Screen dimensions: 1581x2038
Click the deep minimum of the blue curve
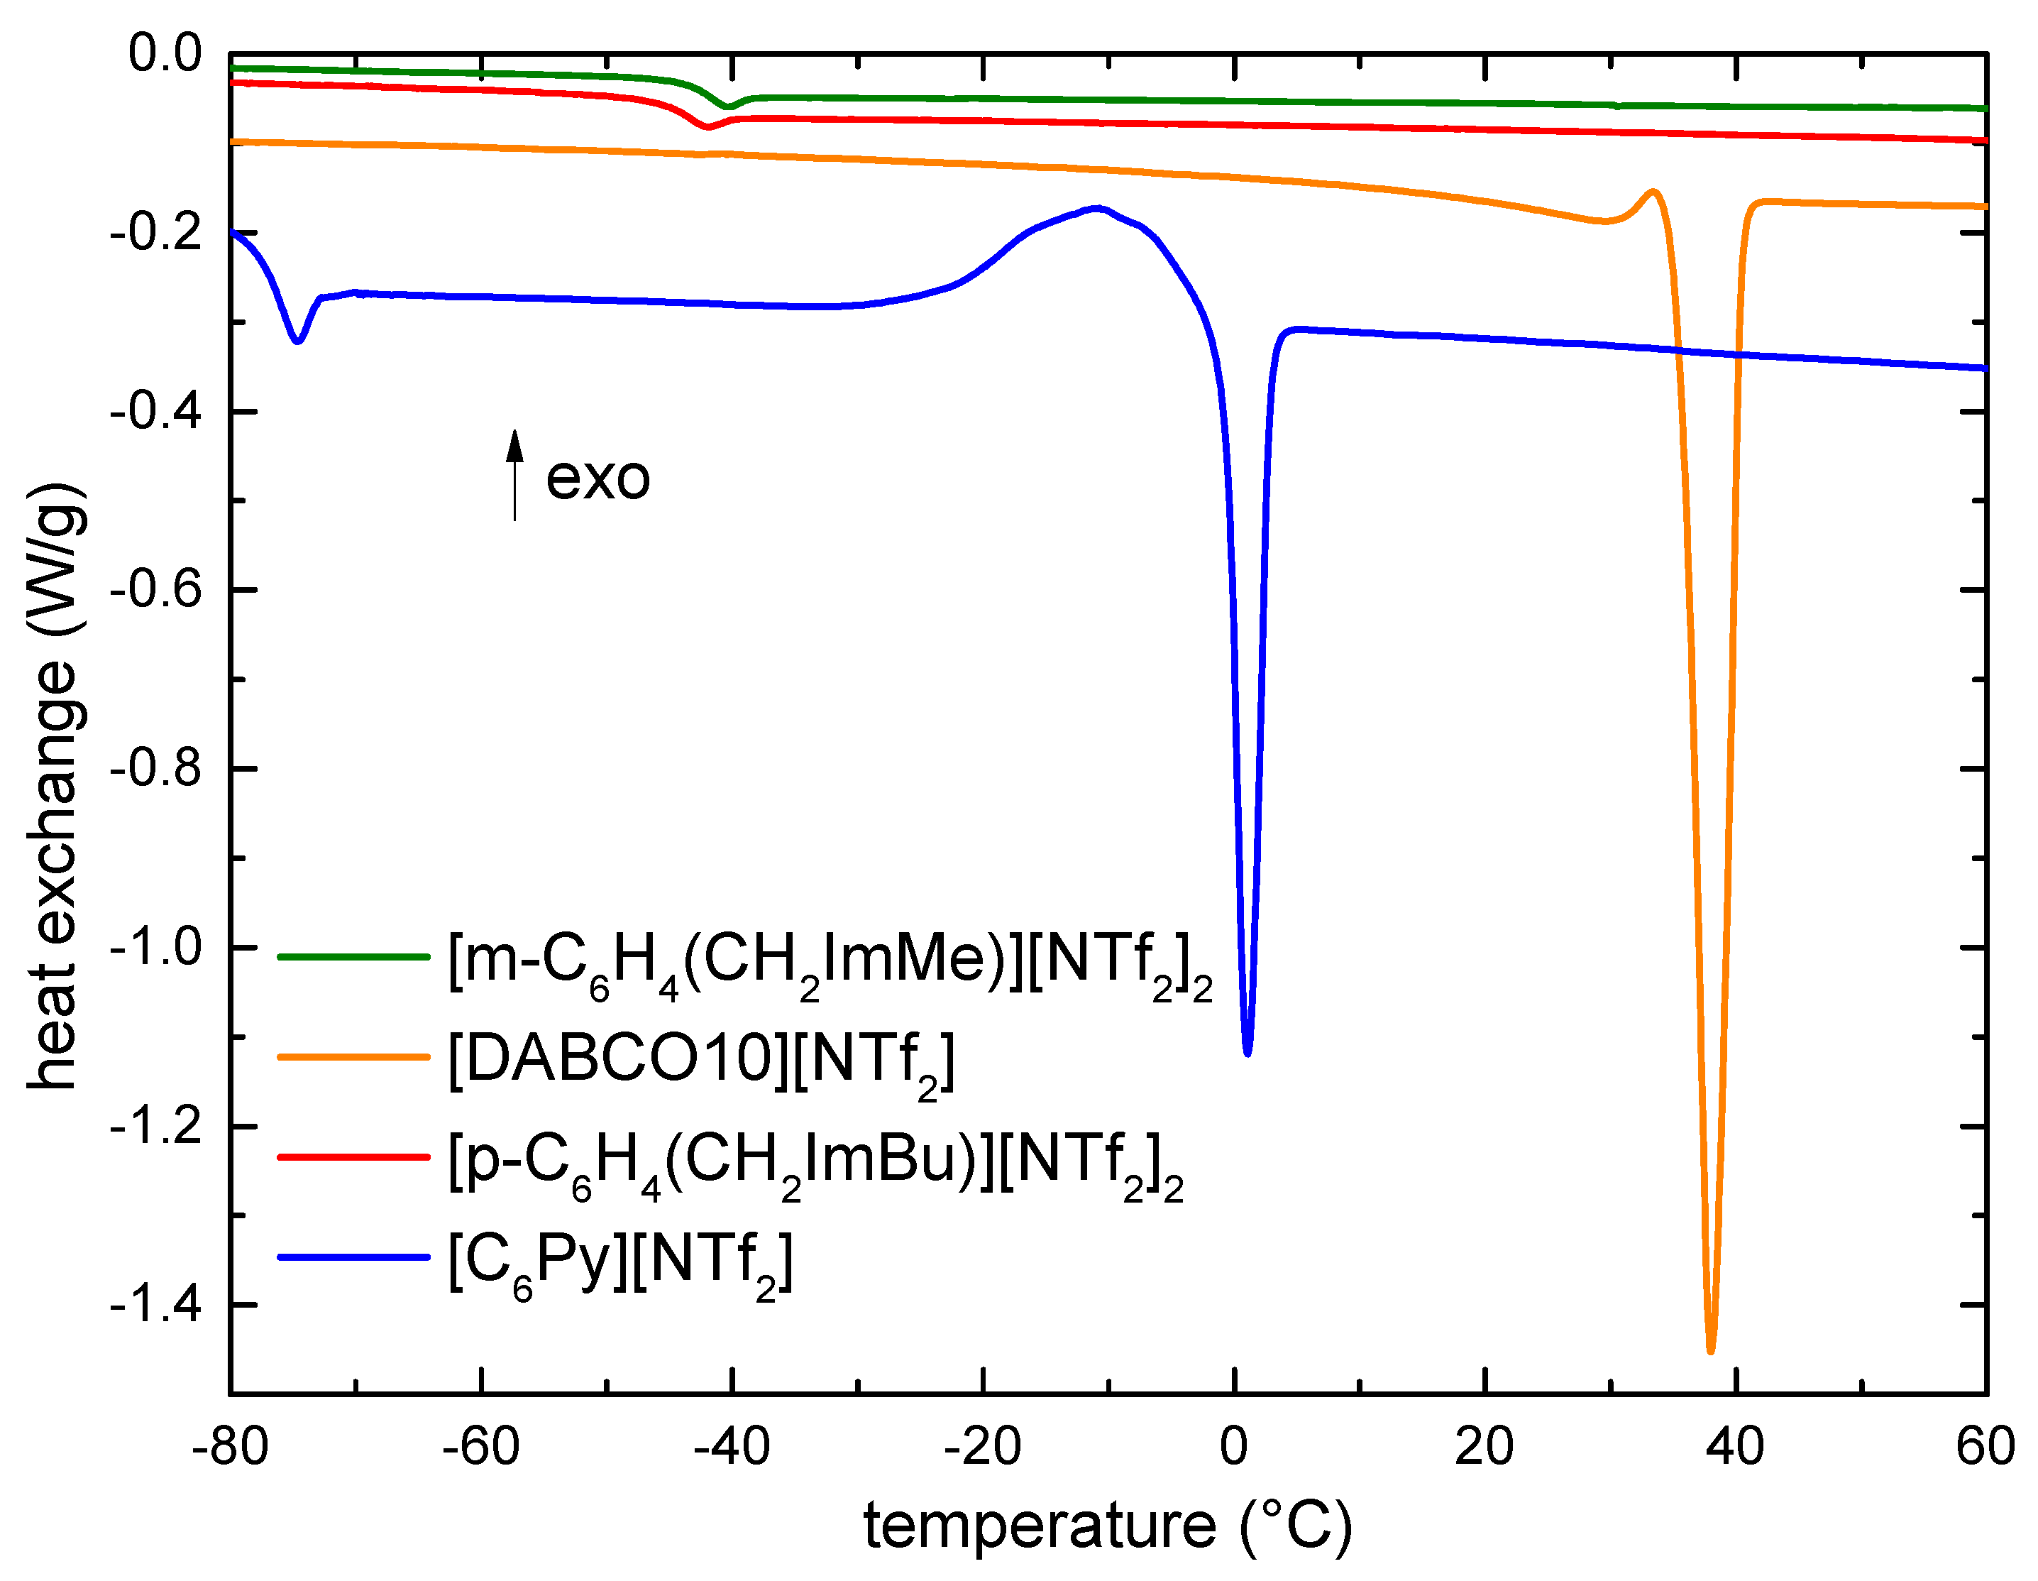(x=1247, y=1052)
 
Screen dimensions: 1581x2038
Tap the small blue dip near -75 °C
(x=297, y=341)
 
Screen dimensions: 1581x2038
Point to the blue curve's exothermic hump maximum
(x=1098, y=208)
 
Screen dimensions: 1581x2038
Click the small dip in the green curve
(x=729, y=106)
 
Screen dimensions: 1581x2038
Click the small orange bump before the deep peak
(x=1653, y=192)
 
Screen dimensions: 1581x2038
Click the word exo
(x=597, y=478)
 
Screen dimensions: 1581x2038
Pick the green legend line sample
(x=353, y=957)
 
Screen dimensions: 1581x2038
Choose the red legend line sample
(x=353, y=1157)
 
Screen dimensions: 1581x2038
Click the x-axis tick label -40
(x=732, y=1448)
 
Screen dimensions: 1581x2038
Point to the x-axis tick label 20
(x=1484, y=1448)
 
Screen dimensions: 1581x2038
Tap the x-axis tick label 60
(x=1985, y=1448)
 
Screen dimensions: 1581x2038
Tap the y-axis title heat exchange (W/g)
(x=54, y=786)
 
